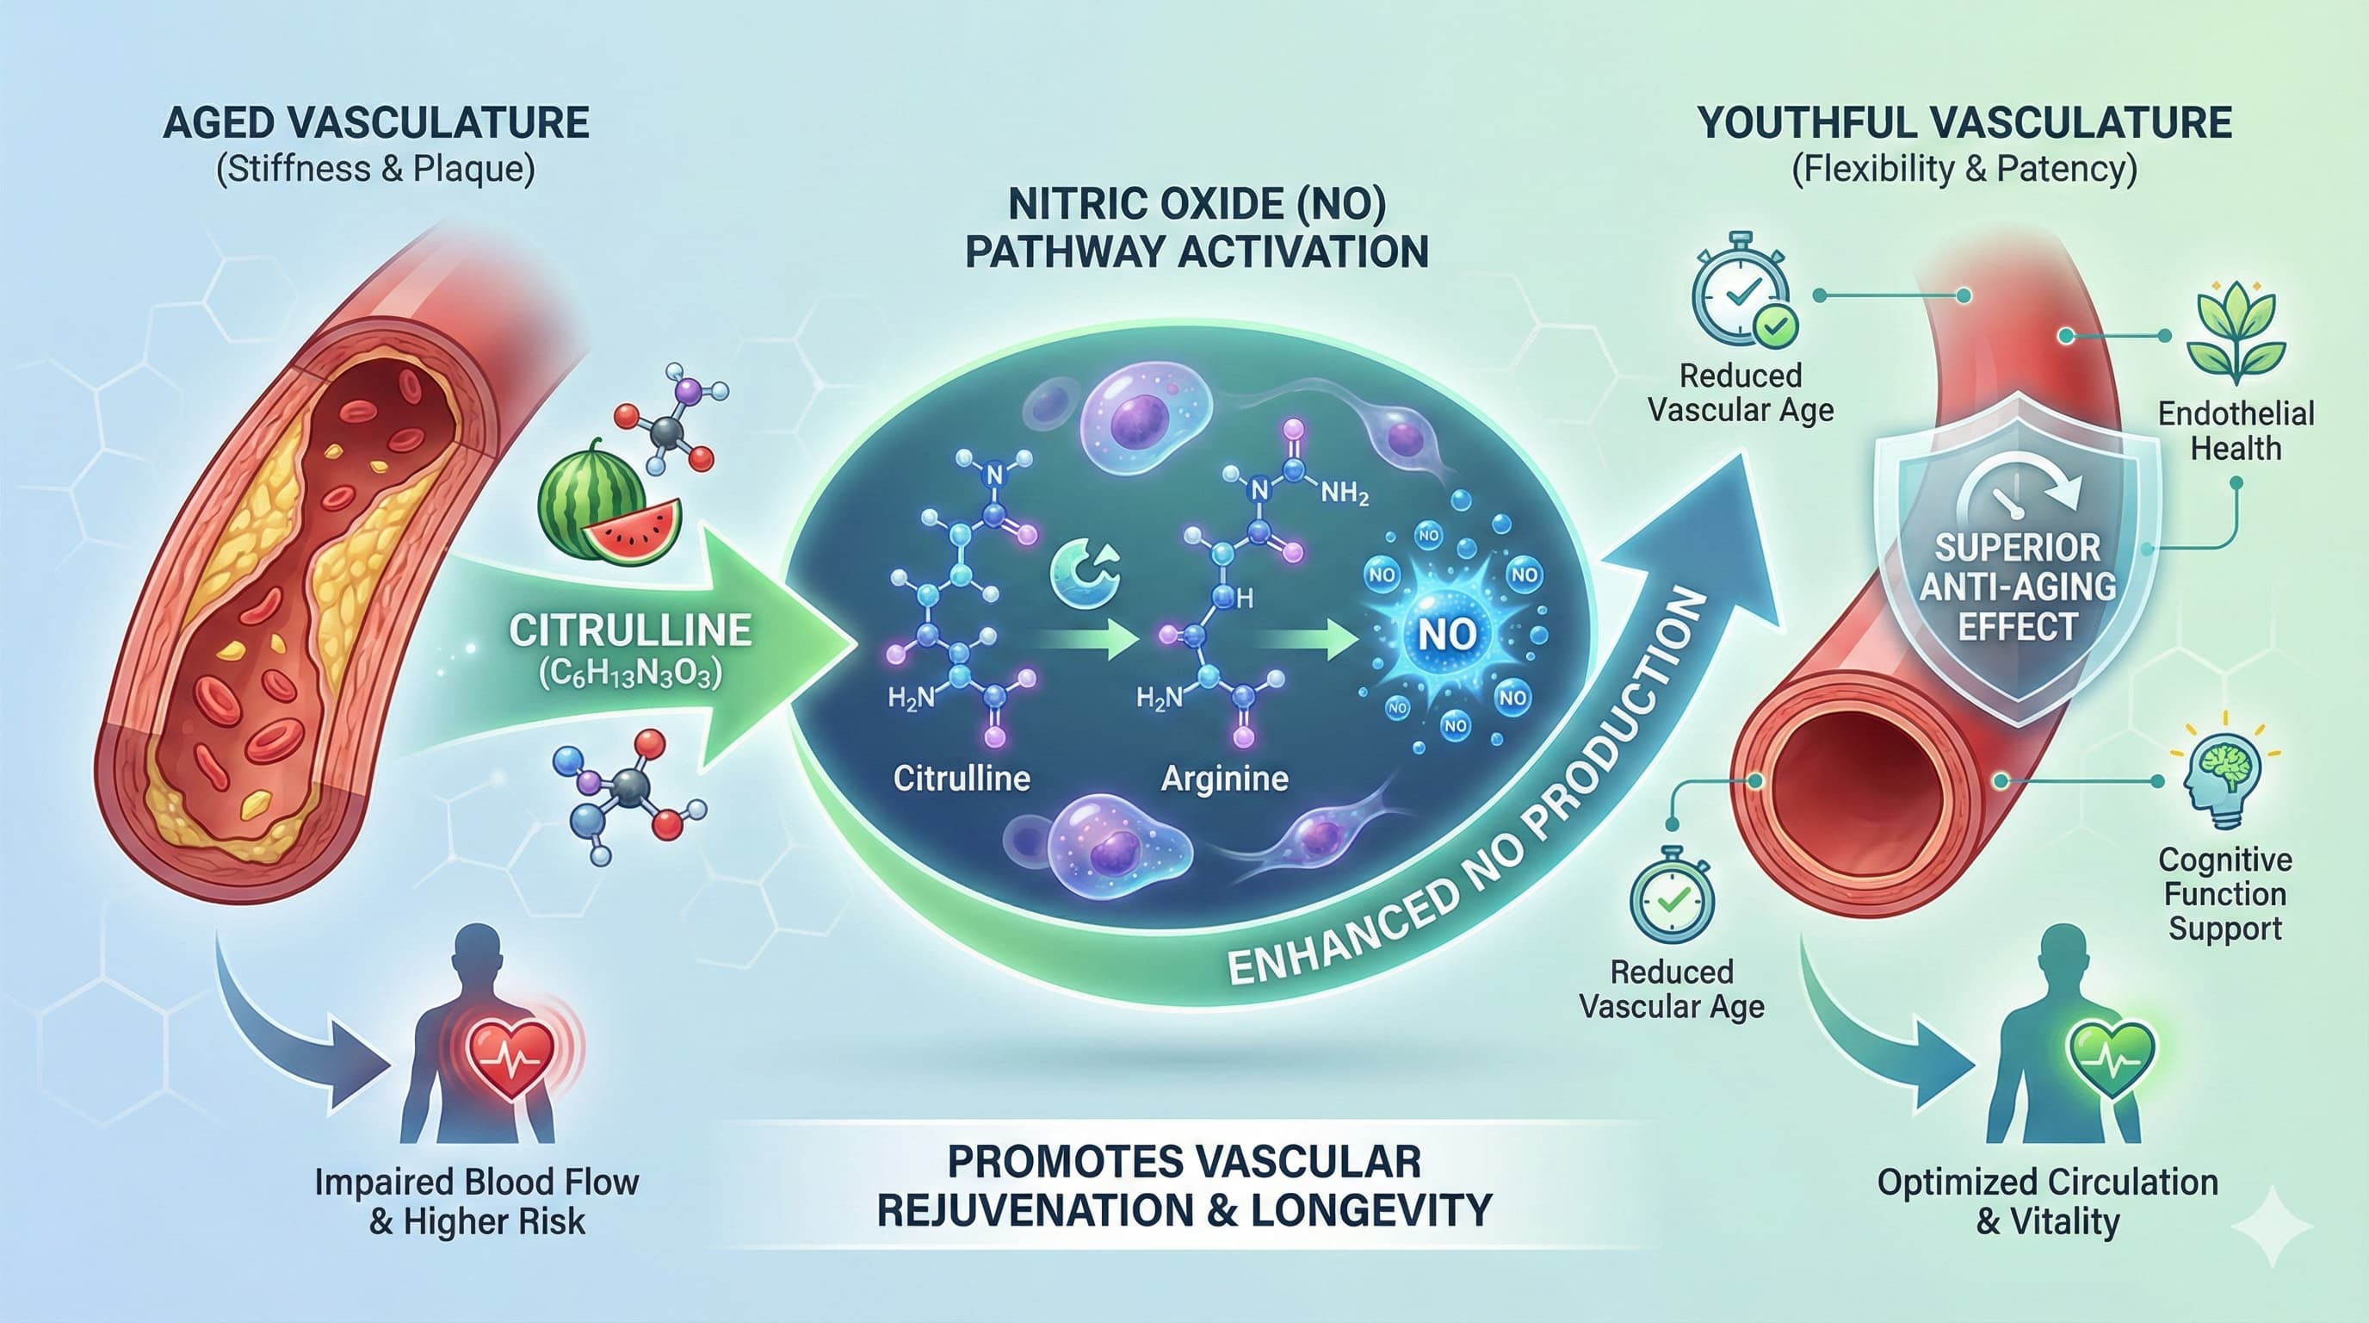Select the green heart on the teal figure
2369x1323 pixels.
(x=2111, y=1057)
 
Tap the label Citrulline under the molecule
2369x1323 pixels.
(x=961, y=779)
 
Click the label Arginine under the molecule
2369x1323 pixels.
(x=1224, y=779)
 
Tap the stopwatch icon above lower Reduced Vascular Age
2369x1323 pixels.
(x=1672, y=896)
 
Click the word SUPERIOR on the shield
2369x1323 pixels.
(x=2018, y=549)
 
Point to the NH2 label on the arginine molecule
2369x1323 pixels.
(x=1345, y=494)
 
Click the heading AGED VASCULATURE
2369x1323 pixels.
(x=375, y=123)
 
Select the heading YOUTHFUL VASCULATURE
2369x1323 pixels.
(x=1964, y=123)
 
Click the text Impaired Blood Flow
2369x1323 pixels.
(x=476, y=1182)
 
